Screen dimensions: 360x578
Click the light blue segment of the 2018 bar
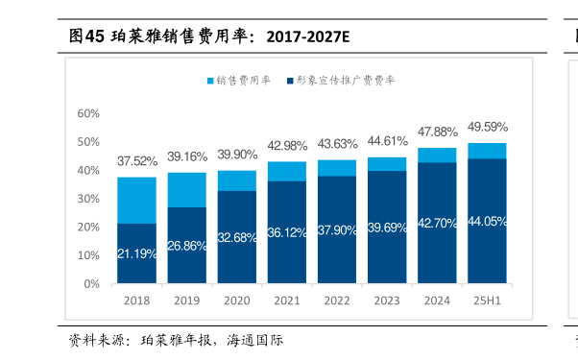pyautogui.click(x=136, y=200)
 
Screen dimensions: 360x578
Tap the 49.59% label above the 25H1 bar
pyautogui.click(x=488, y=127)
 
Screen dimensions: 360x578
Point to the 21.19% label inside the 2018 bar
pyautogui.click(x=136, y=252)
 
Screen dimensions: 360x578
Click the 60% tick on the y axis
pyautogui.click(x=88, y=113)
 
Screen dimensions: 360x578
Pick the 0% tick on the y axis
pyautogui.click(x=91, y=284)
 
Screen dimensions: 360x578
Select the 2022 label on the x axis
pyautogui.click(x=337, y=300)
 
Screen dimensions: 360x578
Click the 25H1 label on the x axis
pyautogui.click(x=487, y=300)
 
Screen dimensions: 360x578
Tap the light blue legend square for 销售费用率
pyautogui.click(x=211, y=81)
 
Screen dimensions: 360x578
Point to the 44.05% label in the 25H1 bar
pyautogui.click(x=488, y=221)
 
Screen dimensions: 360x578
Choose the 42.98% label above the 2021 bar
pyautogui.click(x=287, y=146)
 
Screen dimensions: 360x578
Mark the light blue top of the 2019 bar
pyautogui.click(x=186, y=189)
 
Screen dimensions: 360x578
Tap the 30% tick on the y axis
pyautogui.click(x=88, y=199)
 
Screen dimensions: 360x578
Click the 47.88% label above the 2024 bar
pyautogui.click(x=437, y=132)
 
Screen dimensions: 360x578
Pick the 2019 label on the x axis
pyautogui.click(x=186, y=300)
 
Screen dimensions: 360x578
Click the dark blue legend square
pyautogui.click(x=289, y=81)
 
